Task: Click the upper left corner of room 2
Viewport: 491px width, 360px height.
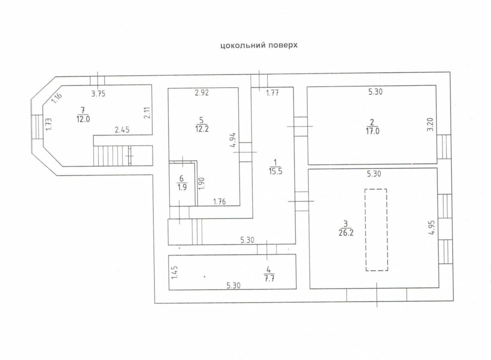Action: click(307, 86)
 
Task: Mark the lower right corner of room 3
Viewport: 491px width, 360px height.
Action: click(439, 288)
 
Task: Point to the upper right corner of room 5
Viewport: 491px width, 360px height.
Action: click(238, 88)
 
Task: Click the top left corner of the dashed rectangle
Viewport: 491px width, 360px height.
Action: click(365, 189)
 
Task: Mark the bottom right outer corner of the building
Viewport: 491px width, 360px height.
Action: click(453, 301)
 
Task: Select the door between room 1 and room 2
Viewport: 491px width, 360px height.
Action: click(300, 126)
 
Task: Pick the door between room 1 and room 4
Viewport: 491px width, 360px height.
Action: click(267, 249)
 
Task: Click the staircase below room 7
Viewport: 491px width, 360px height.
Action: click(112, 156)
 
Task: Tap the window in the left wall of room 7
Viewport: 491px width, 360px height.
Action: click(37, 127)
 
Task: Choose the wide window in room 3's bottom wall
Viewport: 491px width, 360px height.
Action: click(377, 295)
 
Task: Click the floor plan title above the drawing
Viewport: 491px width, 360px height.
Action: click(259, 45)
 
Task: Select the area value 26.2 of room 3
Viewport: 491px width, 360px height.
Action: click(346, 232)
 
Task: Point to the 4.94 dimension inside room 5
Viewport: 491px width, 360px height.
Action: click(233, 140)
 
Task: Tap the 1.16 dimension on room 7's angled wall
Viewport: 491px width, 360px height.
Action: click(57, 98)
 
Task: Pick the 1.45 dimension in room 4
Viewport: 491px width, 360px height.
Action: click(175, 272)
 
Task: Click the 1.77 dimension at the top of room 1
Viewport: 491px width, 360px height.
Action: click(272, 93)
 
